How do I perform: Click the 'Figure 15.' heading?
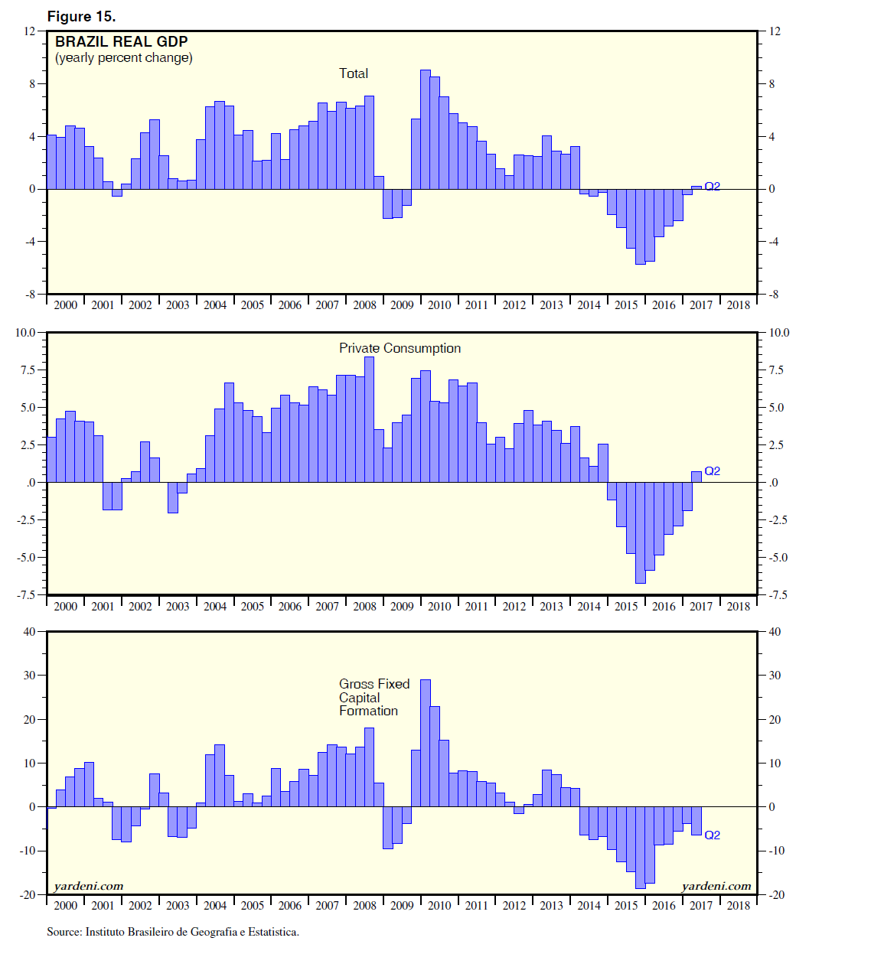[x=81, y=16]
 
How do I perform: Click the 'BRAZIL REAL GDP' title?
[x=122, y=41]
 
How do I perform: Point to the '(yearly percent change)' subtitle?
[x=123, y=58]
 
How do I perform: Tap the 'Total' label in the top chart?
[x=354, y=73]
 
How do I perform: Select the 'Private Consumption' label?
[x=400, y=348]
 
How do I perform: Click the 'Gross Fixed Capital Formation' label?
[x=374, y=697]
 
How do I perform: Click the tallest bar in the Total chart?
[x=426, y=129]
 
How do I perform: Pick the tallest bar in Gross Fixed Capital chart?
[x=426, y=742]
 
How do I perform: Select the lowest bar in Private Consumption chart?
[x=641, y=532]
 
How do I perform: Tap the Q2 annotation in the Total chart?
[x=712, y=187]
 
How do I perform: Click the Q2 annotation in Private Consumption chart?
[x=712, y=471]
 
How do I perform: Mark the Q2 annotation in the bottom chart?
[x=712, y=835]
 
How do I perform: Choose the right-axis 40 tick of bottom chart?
[x=775, y=632]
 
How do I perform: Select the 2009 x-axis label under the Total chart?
[x=402, y=305]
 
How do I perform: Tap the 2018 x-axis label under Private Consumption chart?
[x=738, y=607]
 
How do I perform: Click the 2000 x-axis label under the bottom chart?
[x=66, y=906]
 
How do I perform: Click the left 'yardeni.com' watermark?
[x=89, y=886]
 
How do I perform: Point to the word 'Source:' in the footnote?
[x=64, y=932]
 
